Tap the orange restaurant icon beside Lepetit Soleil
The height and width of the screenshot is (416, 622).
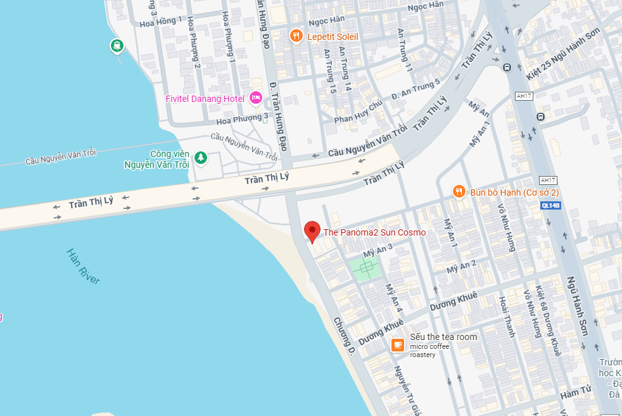pyautogui.click(x=296, y=36)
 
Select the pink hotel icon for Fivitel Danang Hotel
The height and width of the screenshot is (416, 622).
pyautogui.click(x=256, y=98)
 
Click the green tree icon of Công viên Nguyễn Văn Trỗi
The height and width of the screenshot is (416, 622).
pyautogui.click(x=201, y=157)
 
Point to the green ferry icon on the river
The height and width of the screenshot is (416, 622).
pyautogui.click(x=117, y=46)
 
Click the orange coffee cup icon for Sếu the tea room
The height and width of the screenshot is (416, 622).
pyautogui.click(x=397, y=344)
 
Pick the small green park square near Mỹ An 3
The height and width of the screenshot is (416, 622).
pyautogui.click(x=365, y=269)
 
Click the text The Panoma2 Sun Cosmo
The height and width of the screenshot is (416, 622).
pyautogui.click(x=374, y=232)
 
